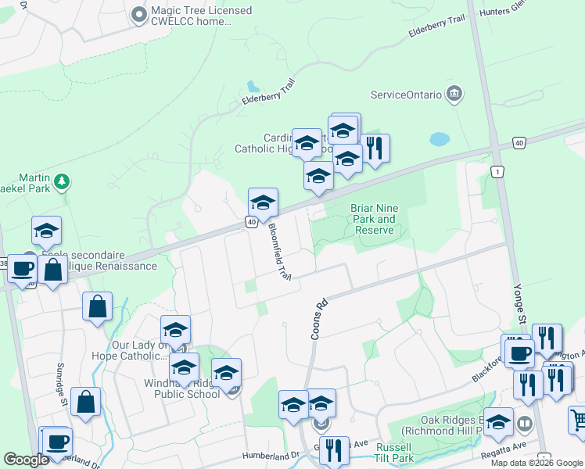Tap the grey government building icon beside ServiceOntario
453,95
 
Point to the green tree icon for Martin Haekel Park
62,182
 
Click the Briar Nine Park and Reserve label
375,219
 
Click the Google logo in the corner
26,460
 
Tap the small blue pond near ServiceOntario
440,140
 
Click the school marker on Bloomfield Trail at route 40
264,202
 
